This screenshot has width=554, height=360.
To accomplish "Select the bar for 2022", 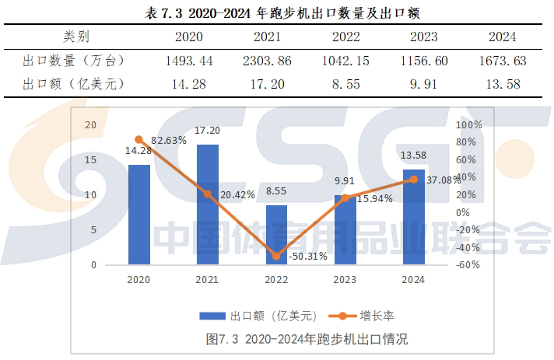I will pyautogui.click(x=276, y=235).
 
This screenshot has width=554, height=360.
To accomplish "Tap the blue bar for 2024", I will pyautogui.click(x=413, y=217).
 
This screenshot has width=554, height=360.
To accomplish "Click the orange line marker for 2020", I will pyautogui.click(x=138, y=140).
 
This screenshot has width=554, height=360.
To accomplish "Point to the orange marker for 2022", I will pyautogui.click(x=276, y=256).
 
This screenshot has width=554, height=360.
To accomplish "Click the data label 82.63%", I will pyautogui.click(x=170, y=141).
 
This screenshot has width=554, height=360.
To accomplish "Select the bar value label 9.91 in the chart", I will pyautogui.click(x=345, y=181).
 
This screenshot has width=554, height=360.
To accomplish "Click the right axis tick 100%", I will pyautogui.click(x=469, y=124).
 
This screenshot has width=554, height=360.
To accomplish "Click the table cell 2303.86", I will pyautogui.click(x=268, y=60).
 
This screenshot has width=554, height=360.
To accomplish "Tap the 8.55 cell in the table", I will pyautogui.click(x=345, y=84).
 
